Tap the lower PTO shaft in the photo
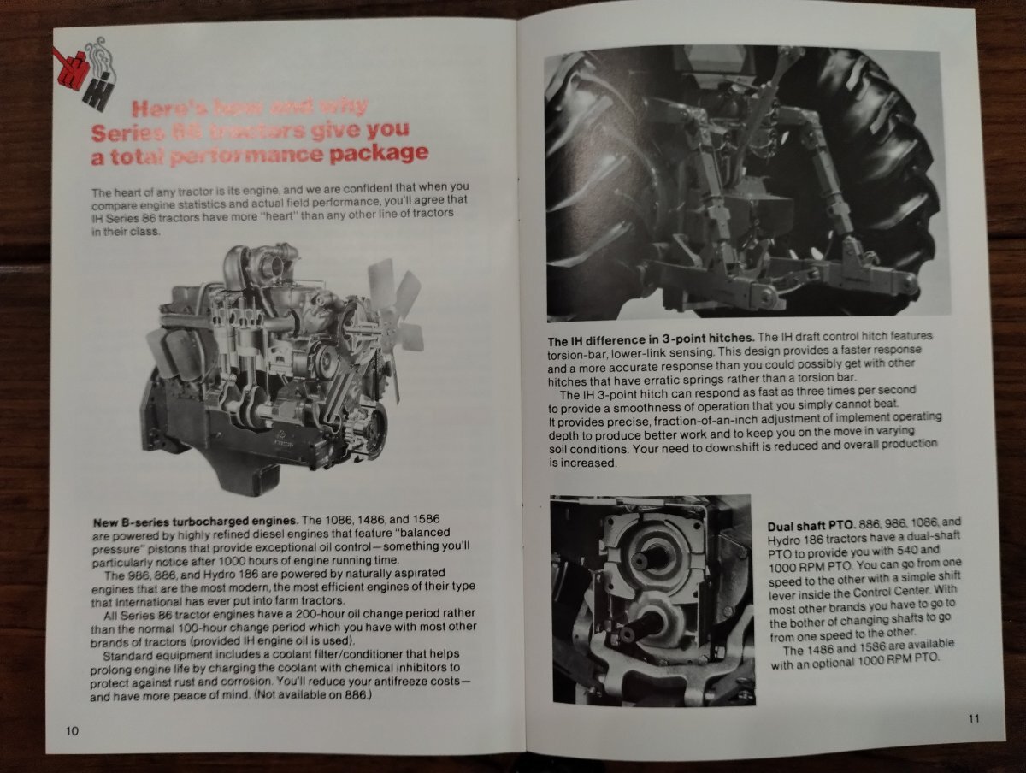pyautogui.click(x=631, y=634)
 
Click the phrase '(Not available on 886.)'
pyautogui.click(x=311, y=696)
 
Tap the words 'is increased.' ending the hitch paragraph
pyautogui.click(x=582, y=463)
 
